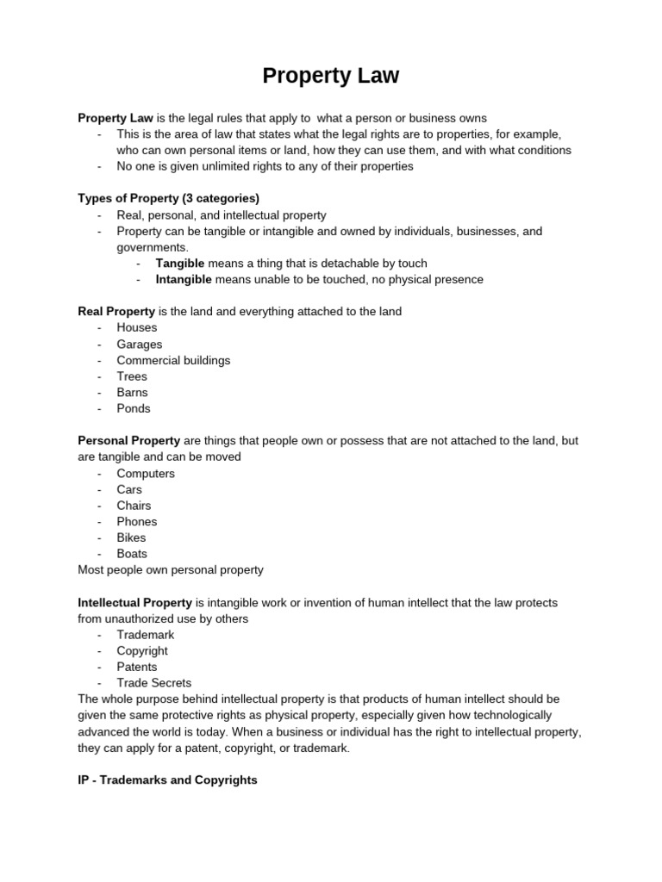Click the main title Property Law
(331, 76)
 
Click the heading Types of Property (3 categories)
(168, 198)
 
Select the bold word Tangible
(179, 263)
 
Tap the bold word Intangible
(183, 279)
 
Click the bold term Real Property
(116, 311)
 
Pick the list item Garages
(140, 344)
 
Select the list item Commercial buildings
(173, 360)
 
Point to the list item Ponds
(134, 408)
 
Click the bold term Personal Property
(128, 440)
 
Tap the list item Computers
(146, 473)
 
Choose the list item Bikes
(132, 537)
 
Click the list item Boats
(132, 554)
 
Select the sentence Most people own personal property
(171, 569)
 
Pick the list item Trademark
(146, 635)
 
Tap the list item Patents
(137, 667)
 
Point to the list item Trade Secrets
(154, 683)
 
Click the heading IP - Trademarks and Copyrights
(167, 780)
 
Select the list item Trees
(132, 376)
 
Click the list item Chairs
(134, 506)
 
